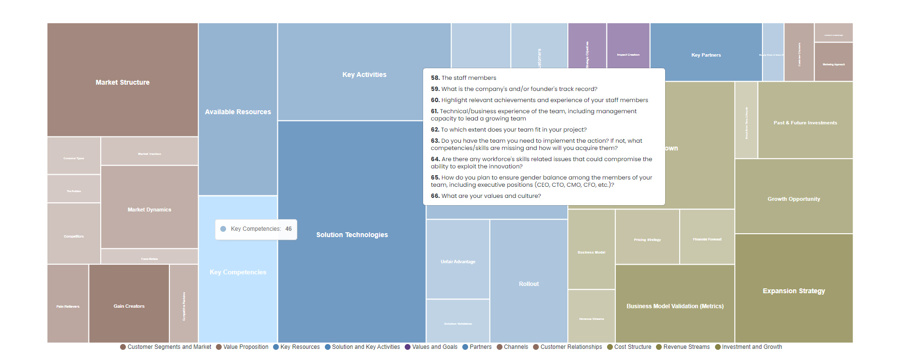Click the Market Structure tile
[122, 82]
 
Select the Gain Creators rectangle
[129, 306]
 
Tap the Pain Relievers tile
[68, 306]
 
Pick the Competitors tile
[74, 236]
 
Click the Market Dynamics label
[149, 210]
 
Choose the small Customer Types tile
[74, 158]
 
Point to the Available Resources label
[238, 112]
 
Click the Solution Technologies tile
[352, 235]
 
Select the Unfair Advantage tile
[458, 262]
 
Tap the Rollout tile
[529, 284]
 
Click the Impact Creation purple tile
[628, 55]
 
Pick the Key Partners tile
[706, 55]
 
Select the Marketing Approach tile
[834, 64]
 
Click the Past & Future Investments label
[805, 123]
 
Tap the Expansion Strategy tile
[794, 291]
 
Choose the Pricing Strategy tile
[647, 240]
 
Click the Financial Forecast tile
[707, 239]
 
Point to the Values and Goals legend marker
[408, 347]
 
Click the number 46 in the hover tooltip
[289, 229]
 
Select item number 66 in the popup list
[486, 196]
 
